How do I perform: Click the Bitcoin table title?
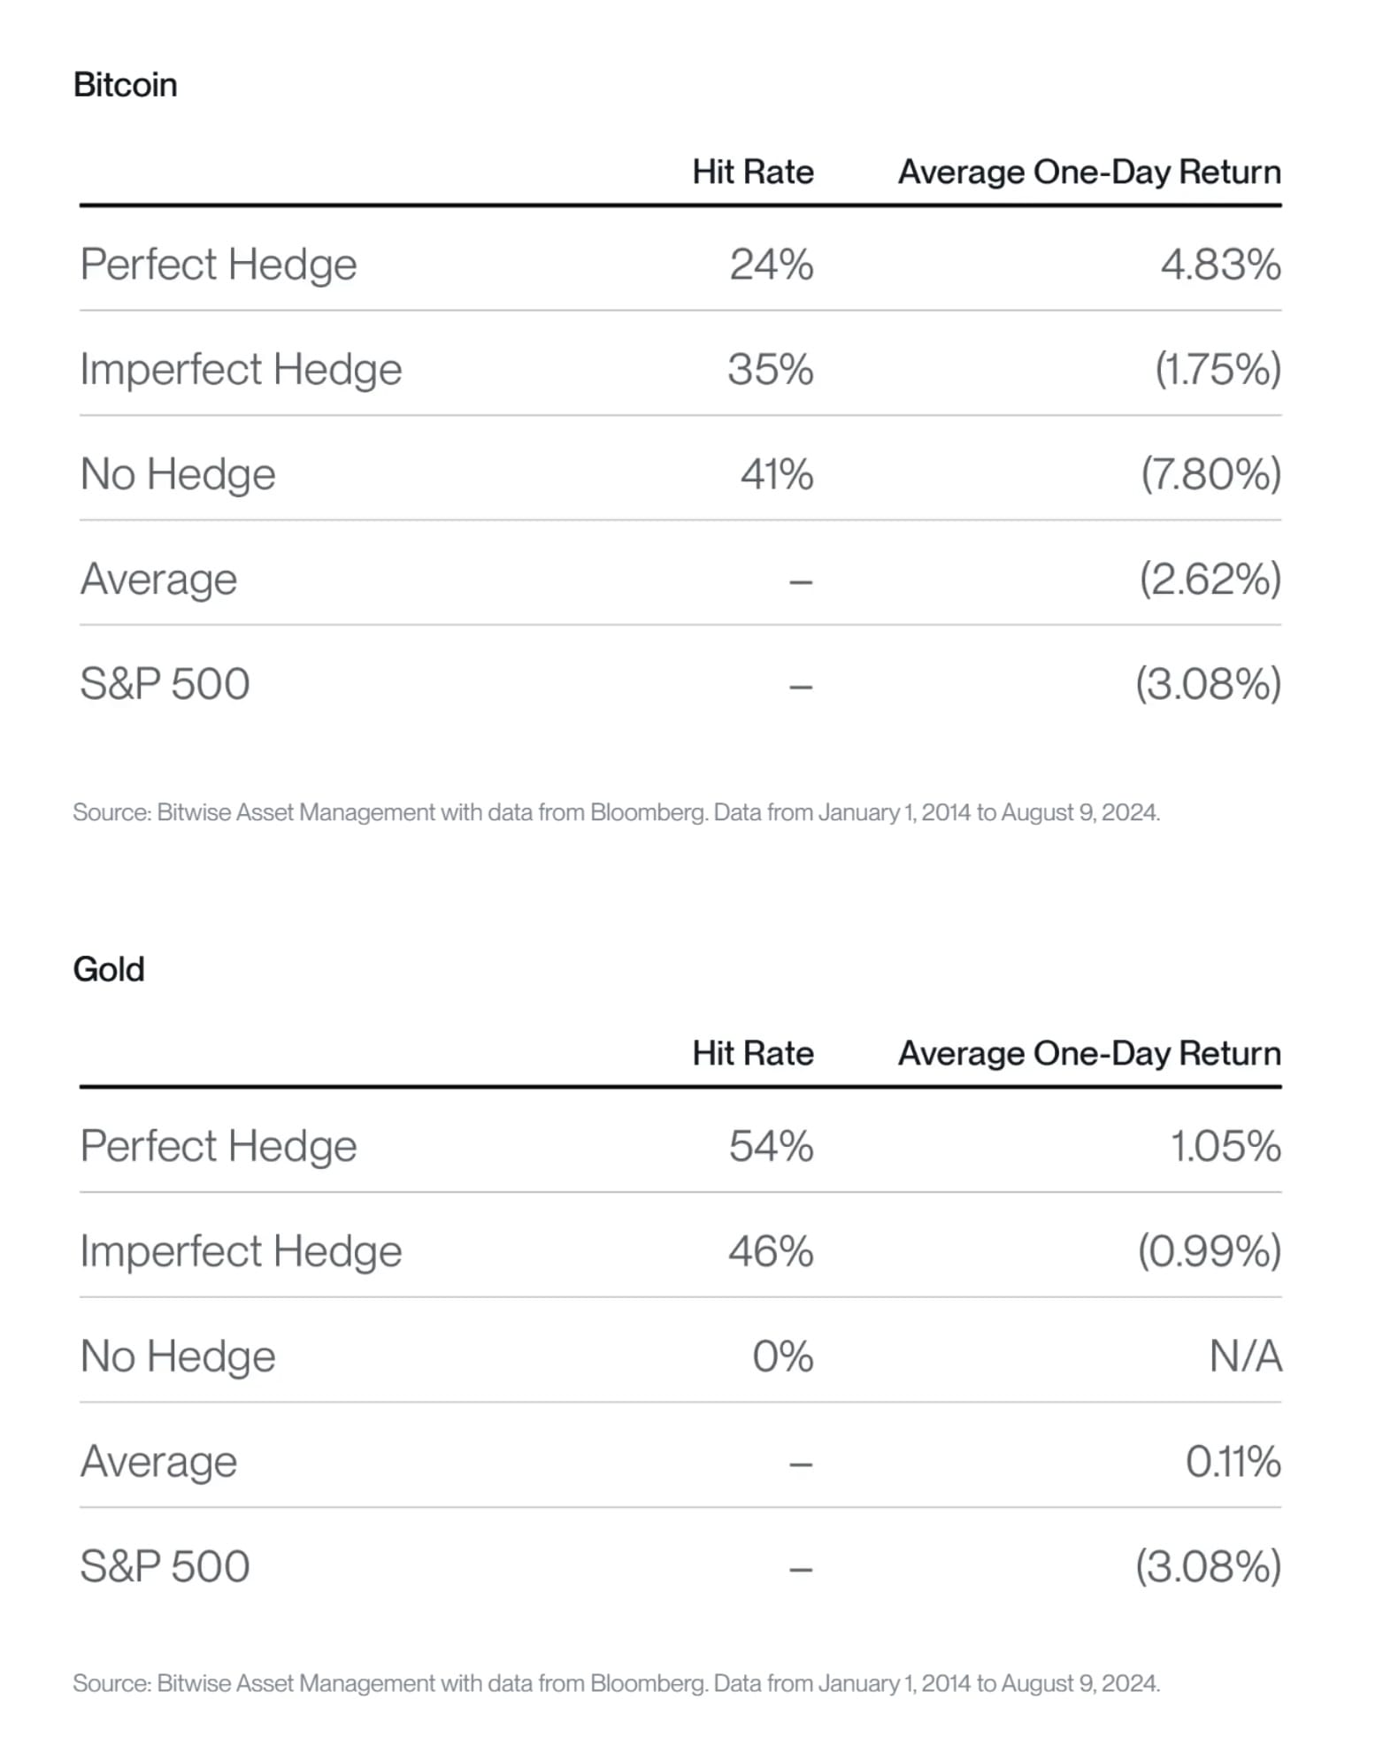pos(125,85)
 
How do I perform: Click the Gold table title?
pos(108,969)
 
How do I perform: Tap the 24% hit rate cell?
pos(771,265)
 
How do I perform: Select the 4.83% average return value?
pos(1220,265)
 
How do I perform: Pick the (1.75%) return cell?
pos(1218,369)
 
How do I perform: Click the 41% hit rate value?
pos(777,474)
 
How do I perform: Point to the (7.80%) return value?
pos(1210,474)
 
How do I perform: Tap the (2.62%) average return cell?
pos(1210,580)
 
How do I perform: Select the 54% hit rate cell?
pos(771,1146)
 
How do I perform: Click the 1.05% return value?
pos(1225,1146)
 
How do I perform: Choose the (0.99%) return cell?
pos(1209,1251)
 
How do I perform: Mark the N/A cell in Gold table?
pos(1245,1356)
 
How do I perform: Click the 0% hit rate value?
pos(782,1356)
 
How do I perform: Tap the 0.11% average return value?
pos(1233,1461)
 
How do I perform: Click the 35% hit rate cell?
pos(770,369)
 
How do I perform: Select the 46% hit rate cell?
pos(771,1251)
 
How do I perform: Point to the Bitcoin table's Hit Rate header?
pos(753,172)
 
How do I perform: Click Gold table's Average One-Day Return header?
pos(1090,1053)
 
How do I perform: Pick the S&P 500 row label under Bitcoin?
pos(165,684)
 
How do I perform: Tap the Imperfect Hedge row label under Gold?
pos(241,1252)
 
